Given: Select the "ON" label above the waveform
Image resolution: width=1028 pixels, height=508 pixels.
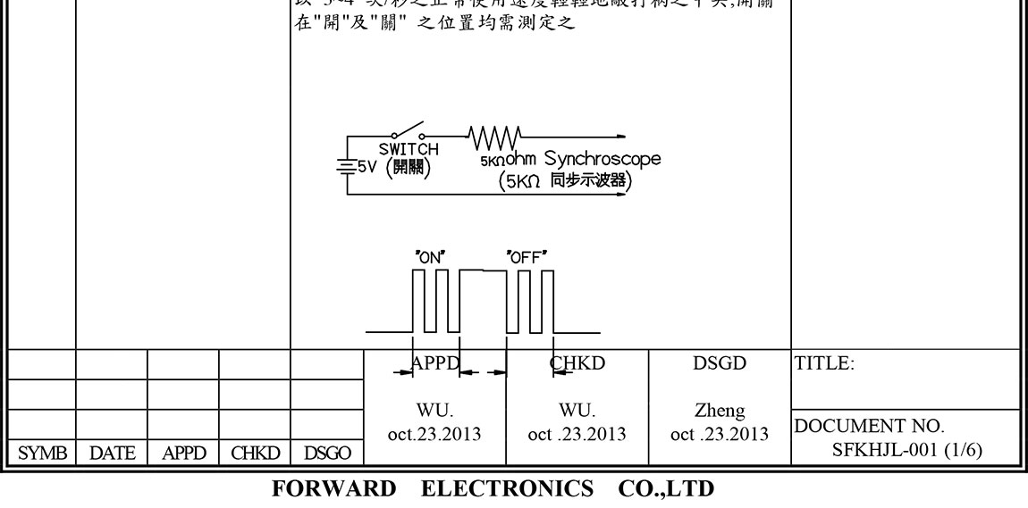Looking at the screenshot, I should (x=431, y=257).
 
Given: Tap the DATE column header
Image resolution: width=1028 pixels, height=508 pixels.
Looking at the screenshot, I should (x=112, y=454).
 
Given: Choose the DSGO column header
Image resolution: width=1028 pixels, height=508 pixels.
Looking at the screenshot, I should (x=326, y=454).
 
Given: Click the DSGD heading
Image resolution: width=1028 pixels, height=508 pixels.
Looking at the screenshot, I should (x=720, y=364).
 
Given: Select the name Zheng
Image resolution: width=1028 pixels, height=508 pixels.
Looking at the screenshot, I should (x=720, y=412).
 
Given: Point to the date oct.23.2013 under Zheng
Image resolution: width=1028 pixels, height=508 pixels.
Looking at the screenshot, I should (x=720, y=435).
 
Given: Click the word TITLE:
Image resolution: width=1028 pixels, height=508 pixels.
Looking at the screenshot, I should (x=824, y=364).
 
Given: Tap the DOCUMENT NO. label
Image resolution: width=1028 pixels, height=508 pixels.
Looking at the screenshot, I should (x=870, y=427).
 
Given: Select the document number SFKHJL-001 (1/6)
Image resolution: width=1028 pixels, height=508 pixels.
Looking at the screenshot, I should (x=906, y=449).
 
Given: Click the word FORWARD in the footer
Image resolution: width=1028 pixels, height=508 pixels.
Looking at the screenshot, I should (x=333, y=489).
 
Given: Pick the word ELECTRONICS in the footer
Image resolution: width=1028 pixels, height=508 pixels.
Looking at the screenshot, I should (x=507, y=489).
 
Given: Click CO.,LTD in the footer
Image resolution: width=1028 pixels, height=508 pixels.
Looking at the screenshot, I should (x=665, y=489).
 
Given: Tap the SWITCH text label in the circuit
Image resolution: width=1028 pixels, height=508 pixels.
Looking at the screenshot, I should (x=409, y=149).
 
